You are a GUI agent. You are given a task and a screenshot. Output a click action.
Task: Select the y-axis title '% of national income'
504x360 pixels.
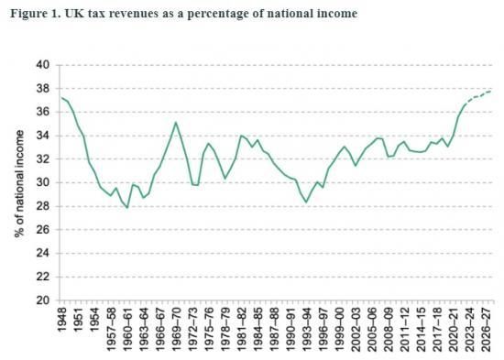click(x=19, y=183)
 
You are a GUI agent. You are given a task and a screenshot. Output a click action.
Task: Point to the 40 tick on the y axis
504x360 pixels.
click(x=41, y=65)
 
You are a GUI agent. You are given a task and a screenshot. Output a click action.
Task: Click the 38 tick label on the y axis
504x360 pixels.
click(x=41, y=89)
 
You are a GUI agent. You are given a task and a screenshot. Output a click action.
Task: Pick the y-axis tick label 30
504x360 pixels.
click(x=41, y=182)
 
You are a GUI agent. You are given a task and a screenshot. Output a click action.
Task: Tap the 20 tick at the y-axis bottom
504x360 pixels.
click(x=41, y=300)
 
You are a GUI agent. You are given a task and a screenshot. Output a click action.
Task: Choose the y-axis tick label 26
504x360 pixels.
click(x=41, y=229)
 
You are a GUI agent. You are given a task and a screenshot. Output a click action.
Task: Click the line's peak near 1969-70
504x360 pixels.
click(x=175, y=122)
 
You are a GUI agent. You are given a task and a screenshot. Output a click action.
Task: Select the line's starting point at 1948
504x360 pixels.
click(x=61, y=98)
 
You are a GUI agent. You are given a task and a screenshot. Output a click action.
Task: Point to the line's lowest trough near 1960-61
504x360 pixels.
click(x=126, y=208)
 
